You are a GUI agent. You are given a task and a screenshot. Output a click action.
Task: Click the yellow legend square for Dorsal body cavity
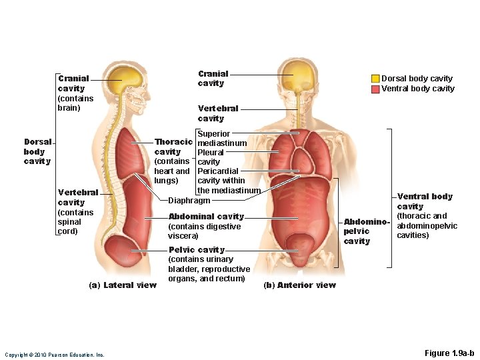coord(375,79)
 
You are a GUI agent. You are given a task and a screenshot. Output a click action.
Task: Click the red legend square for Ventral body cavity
coord(375,89)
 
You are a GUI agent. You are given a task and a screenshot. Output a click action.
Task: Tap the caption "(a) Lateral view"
coord(123,285)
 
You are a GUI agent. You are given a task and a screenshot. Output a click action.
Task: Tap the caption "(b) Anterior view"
coord(300,285)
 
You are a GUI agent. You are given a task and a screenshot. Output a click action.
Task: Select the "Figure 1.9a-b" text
coord(449,353)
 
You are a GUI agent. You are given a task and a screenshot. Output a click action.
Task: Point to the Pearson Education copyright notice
coord(55,355)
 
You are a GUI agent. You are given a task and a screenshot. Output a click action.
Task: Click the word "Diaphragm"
coord(189,200)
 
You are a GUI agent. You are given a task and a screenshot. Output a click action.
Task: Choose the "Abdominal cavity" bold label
coord(206,217)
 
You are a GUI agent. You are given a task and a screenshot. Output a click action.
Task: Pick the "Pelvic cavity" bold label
coord(197,250)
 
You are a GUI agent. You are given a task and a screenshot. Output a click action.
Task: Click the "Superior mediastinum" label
coord(222,139)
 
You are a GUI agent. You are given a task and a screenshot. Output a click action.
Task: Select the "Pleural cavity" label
coord(210,157)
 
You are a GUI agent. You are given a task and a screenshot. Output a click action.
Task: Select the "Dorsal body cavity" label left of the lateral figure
coord(37,151)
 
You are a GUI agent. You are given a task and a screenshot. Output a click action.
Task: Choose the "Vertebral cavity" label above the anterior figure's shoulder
coord(218,113)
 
